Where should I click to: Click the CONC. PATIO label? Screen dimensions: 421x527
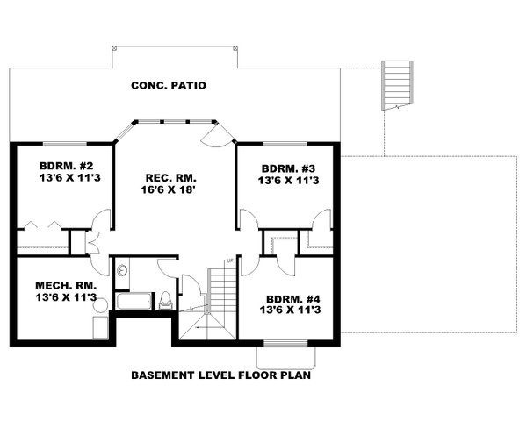168,86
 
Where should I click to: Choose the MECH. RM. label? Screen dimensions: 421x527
64,285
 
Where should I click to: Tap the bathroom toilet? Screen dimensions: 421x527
165,299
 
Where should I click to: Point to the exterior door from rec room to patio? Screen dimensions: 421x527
215,134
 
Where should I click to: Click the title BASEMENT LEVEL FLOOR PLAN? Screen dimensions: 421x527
221,375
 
